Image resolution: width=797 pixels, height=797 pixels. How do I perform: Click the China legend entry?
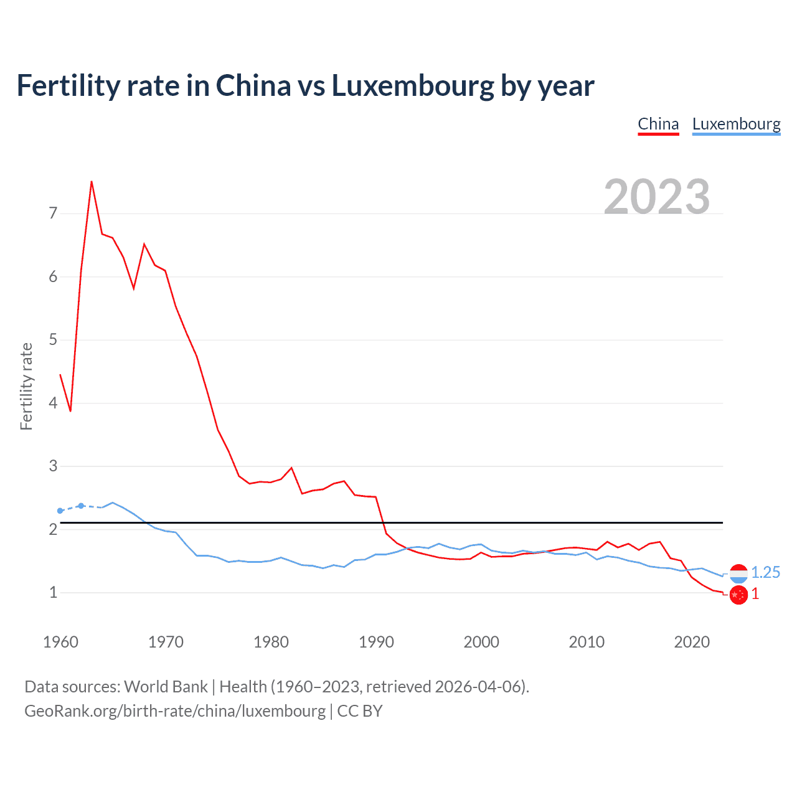coord(658,124)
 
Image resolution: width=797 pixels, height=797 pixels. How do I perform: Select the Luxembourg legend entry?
coord(736,124)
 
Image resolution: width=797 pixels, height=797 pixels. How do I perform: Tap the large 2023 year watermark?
coord(657,197)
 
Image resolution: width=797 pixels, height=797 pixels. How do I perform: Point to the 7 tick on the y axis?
coord(53,214)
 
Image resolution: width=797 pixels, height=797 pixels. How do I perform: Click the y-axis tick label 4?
coord(53,403)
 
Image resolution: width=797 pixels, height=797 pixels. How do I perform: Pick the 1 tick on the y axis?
coord(53,592)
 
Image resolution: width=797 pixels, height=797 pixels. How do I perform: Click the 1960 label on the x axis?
coord(60,642)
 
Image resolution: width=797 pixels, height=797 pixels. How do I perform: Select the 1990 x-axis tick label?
coord(376,642)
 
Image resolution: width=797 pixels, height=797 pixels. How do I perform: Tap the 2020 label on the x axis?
coord(692,642)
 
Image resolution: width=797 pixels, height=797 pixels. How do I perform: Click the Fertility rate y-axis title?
coord(26,386)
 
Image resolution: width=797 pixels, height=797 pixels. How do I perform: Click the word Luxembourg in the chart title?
coord(412,85)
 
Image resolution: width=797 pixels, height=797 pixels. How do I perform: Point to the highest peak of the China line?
coord(92,182)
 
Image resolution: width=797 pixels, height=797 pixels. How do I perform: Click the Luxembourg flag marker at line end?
coord(738,573)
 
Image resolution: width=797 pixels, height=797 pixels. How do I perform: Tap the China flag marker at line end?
coord(738,595)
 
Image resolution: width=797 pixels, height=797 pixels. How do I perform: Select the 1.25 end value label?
coord(765,573)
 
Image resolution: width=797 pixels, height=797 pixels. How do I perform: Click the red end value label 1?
coord(755,594)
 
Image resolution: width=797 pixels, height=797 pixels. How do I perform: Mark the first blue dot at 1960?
coord(60,511)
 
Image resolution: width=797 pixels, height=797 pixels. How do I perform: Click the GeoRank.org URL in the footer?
coord(175,711)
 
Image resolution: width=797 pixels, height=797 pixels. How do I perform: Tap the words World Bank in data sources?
coord(166,687)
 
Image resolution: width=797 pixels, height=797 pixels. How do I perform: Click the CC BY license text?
coord(360,711)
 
